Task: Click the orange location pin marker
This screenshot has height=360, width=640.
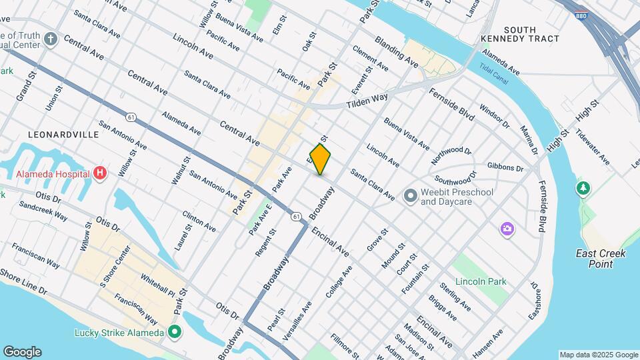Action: (321, 159)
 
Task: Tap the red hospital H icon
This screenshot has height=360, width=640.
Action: (100, 174)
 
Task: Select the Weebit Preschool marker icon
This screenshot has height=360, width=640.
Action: (410, 196)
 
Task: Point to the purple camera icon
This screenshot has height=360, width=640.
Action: (507, 229)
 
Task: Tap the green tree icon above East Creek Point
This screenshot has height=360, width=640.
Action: (584, 189)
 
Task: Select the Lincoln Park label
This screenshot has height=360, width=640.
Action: (480, 281)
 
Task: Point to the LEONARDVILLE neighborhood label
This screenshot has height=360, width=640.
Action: (63, 134)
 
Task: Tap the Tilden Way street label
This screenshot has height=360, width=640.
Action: (367, 101)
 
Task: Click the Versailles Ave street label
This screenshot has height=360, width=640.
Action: (298, 321)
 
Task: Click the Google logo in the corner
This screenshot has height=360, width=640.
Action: (22, 351)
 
